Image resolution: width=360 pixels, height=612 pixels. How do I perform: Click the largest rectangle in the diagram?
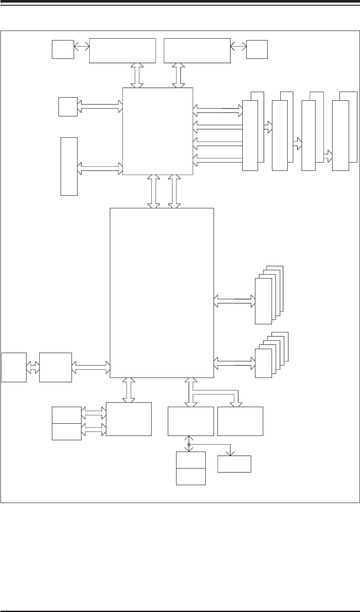point(162,292)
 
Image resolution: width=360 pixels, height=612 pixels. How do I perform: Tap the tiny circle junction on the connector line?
point(189,445)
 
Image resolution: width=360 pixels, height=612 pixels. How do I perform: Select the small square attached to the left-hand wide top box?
point(63,49)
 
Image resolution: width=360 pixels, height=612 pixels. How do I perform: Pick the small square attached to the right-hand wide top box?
point(257,49)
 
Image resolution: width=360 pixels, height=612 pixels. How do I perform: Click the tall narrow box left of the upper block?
point(69,166)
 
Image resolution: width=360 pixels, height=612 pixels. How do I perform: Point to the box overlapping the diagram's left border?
point(14,367)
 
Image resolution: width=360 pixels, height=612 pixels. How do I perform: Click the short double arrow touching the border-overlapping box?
point(33,367)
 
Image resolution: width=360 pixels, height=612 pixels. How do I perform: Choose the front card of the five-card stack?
point(263,363)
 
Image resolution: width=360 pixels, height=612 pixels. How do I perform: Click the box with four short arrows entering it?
point(129,419)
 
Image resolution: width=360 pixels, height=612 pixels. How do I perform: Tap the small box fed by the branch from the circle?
point(234,464)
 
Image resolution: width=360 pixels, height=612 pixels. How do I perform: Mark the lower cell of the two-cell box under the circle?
point(191,476)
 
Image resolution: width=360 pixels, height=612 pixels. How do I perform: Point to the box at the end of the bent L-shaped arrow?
point(240,421)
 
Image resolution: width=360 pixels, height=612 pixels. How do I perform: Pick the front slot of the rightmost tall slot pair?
point(340,135)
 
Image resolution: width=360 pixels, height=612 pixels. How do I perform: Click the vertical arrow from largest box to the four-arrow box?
point(129,390)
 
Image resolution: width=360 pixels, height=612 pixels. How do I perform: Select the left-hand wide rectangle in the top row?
point(122,51)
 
